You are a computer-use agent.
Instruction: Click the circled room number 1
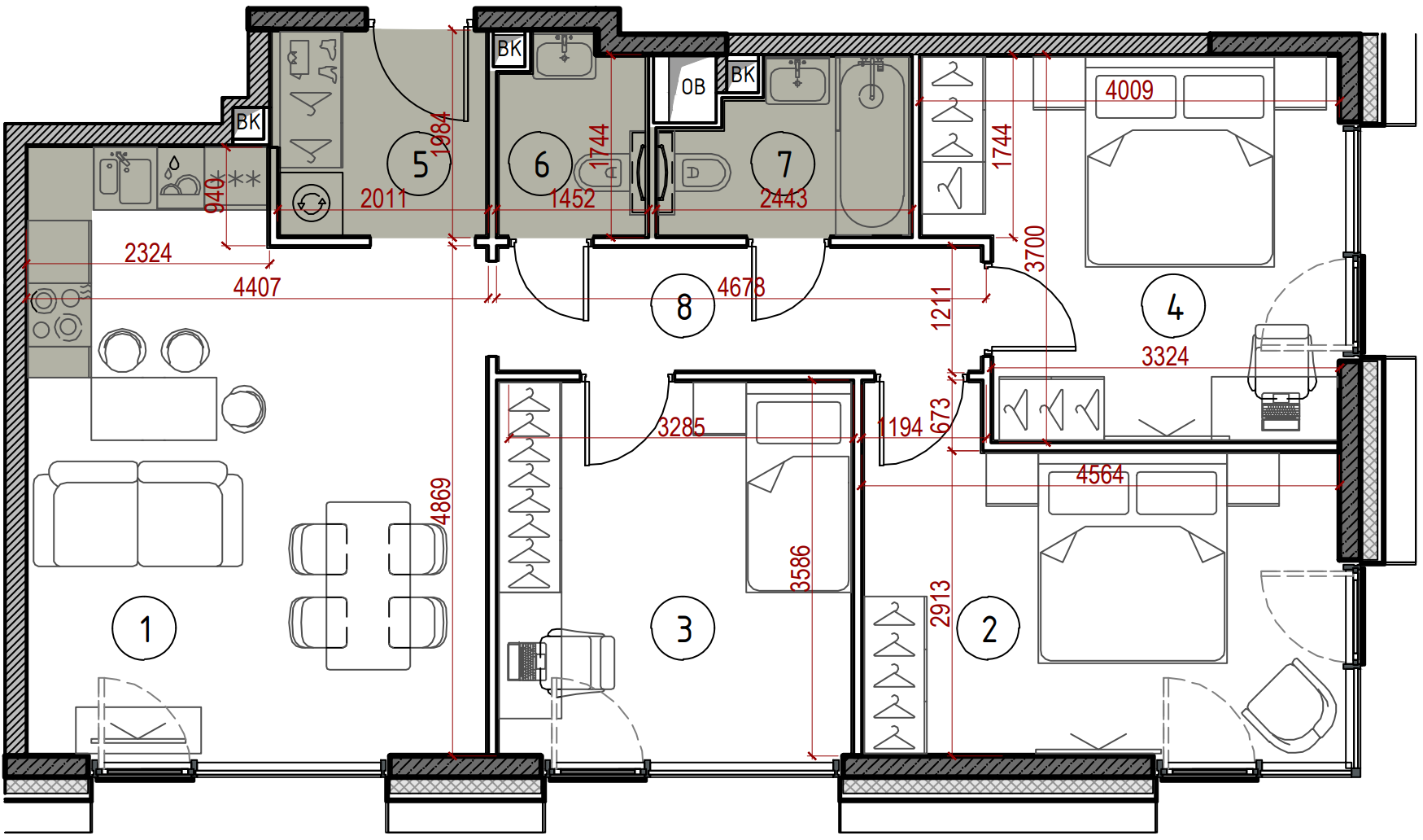(x=144, y=628)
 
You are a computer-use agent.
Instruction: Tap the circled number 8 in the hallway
(x=683, y=306)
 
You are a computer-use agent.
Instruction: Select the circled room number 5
(x=419, y=164)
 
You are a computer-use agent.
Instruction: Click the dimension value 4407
(x=257, y=287)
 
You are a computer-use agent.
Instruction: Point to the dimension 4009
(x=1129, y=90)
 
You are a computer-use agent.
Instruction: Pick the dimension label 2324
(x=148, y=253)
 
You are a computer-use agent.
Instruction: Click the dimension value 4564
(x=1100, y=475)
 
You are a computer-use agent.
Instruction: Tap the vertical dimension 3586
(x=801, y=568)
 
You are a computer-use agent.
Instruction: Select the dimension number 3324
(x=1165, y=357)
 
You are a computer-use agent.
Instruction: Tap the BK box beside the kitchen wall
(x=249, y=123)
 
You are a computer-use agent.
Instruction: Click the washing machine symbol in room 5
(x=311, y=203)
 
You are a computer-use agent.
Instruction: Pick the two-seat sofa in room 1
(x=137, y=514)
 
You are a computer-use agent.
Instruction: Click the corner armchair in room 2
(x=1290, y=705)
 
